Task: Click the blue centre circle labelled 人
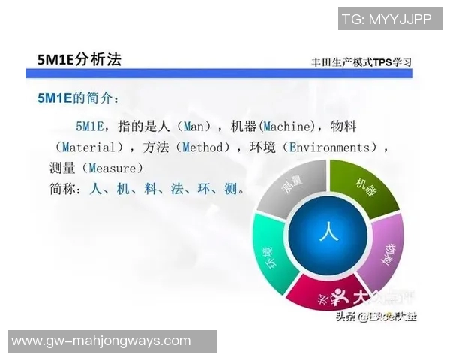pyautogui.click(x=325, y=232)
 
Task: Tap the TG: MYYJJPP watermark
pyautogui.click(x=386, y=19)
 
